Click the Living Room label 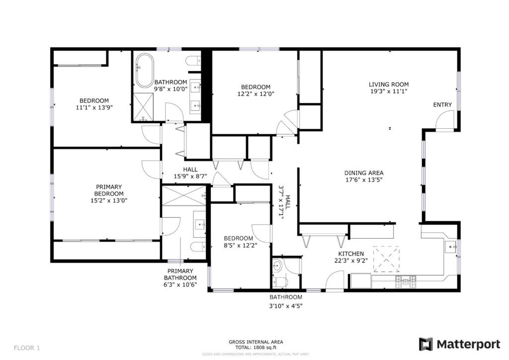point(389,85)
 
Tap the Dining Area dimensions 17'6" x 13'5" point(363,180)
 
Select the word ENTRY point(442,104)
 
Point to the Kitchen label point(351,254)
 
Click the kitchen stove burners point(406,281)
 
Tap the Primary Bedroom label point(109,190)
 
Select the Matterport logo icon point(425,344)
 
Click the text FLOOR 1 point(27,348)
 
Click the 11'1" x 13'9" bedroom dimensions point(94,107)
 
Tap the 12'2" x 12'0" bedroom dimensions point(256,94)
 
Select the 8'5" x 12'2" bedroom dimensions point(241,245)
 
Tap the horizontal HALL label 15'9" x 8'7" point(190,173)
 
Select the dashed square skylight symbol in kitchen point(386,260)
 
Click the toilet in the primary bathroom point(198,247)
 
